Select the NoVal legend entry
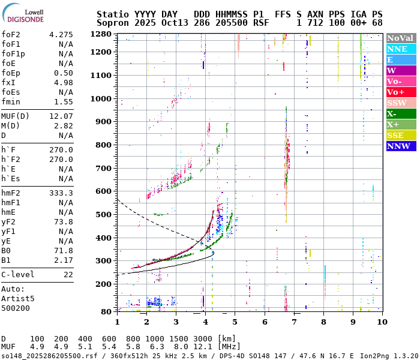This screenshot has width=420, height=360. (x=400, y=38)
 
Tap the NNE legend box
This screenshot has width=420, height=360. (x=400, y=49)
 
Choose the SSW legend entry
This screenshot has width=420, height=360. (x=400, y=103)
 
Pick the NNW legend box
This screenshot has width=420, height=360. (x=400, y=146)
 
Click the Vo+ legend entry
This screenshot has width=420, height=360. (x=400, y=92)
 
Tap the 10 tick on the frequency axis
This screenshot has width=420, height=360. (x=382, y=322)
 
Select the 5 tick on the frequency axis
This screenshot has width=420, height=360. (x=235, y=322)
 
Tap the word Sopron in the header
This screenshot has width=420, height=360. (x=113, y=22)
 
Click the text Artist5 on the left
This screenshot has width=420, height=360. (x=18, y=298)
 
